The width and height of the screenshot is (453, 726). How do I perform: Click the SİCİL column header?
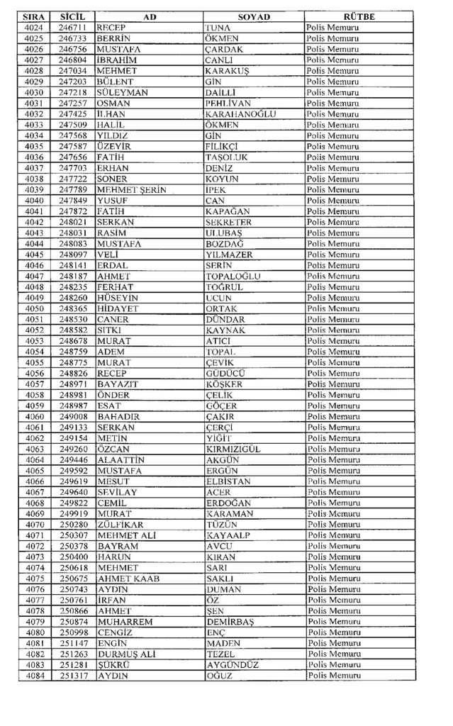coord(72,16)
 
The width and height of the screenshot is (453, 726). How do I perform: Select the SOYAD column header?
coord(253,16)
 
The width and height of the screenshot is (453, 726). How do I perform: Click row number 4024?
coord(33,28)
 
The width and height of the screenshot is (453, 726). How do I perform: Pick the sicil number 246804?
coord(72,60)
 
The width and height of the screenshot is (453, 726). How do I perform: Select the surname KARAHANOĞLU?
coord(240,114)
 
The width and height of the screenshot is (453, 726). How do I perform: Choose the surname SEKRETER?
coord(230,222)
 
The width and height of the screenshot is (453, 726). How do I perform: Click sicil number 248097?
coord(72,255)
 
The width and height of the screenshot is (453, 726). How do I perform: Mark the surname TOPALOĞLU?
coord(233,276)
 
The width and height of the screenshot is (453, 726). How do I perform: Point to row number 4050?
coord(33,308)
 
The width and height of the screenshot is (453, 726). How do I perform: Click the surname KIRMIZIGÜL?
coord(237,449)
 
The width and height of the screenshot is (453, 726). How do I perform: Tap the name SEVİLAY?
coord(117,492)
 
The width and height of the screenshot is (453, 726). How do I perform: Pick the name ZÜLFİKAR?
coord(121,525)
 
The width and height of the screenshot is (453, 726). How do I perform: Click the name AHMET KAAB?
coord(128,579)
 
